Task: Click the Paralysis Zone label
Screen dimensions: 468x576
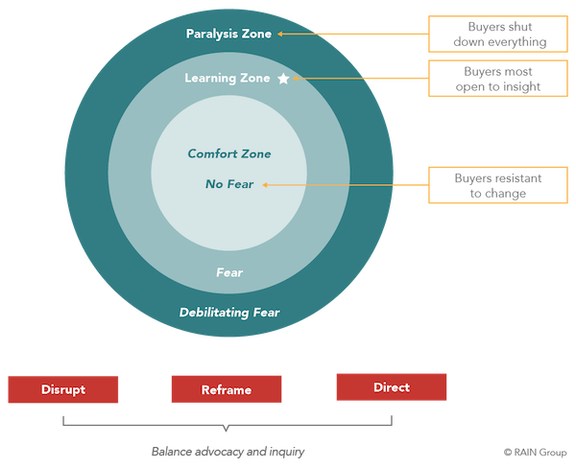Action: tap(229, 35)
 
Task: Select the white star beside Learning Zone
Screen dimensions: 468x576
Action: tap(283, 79)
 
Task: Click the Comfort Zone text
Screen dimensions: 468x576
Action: tap(229, 153)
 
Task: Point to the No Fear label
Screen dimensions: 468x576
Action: tap(229, 184)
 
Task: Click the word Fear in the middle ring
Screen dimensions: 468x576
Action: tap(229, 273)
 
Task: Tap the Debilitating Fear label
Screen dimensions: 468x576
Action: tap(229, 313)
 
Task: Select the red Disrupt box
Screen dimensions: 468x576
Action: tap(63, 389)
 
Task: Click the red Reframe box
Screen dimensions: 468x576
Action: tap(227, 389)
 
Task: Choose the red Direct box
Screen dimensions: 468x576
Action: tap(391, 387)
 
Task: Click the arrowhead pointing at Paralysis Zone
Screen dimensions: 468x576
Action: tap(280, 35)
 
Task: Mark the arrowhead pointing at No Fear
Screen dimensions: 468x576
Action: tap(266, 184)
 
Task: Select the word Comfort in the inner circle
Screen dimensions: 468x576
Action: tap(209, 153)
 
